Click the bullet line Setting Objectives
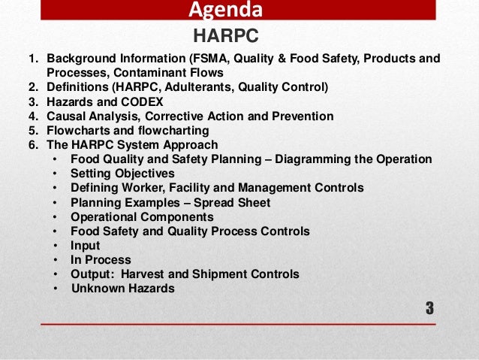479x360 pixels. tap(122, 173)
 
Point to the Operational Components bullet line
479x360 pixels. tap(141, 216)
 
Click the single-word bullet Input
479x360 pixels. tap(85, 245)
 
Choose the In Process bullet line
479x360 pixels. tap(101, 259)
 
